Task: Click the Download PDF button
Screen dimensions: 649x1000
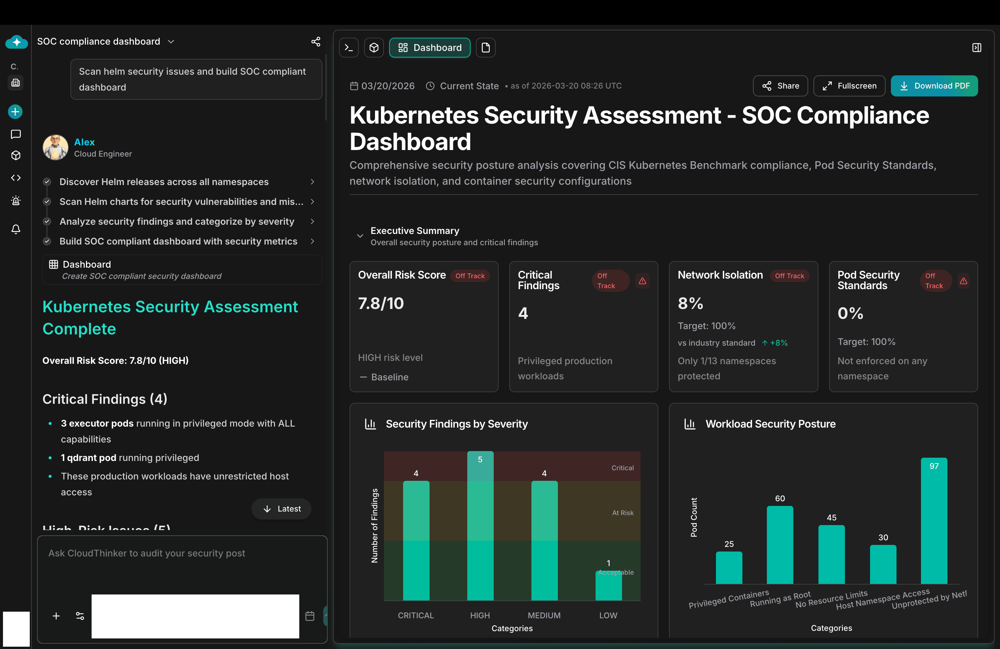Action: click(934, 86)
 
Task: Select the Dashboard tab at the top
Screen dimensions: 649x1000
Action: click(430, 48)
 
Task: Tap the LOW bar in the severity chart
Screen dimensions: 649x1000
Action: click(608, 586)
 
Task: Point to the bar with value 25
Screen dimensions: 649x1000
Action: click(729, 568)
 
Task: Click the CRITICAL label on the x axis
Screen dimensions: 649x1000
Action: click(416, 615)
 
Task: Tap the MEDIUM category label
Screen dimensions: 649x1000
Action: click(544, 615)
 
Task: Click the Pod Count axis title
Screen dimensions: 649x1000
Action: click(694, 517)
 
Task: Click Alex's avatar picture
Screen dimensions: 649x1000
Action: click(56, 147)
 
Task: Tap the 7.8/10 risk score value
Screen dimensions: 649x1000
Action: click(381, 303)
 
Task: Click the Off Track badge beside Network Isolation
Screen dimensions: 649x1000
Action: click(789, 276)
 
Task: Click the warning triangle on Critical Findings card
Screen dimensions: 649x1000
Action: click(643, 281)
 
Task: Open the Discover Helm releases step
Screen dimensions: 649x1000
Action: click(164, 182)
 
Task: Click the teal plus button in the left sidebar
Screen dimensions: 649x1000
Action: click(15, 112)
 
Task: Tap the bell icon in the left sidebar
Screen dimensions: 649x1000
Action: click(16, 229)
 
